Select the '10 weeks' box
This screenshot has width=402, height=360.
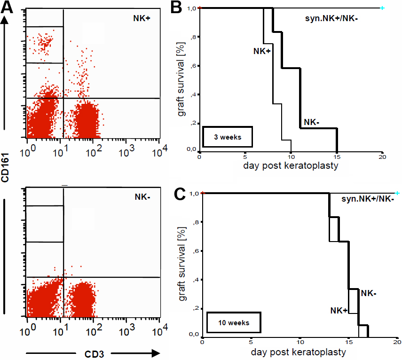(x=233, y=323)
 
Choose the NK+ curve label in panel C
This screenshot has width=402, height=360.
(x=339, y=310)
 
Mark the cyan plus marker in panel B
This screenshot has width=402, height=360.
(x=382, y=8)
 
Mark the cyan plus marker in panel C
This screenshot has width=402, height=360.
(x=397, y=193)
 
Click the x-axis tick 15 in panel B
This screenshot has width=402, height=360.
(x=337, y=157)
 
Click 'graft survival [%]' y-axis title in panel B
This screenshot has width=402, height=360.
(x=181, y=80)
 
